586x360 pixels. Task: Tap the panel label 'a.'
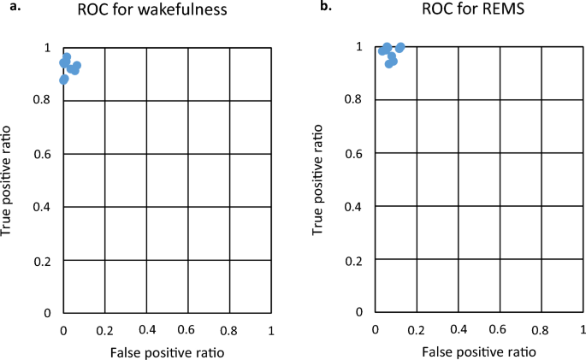[13, 7]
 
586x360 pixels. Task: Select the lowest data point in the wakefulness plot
[63, 80]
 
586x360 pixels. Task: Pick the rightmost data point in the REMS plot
[400, 48]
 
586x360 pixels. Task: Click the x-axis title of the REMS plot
[480, 351]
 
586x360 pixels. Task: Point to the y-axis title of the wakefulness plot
[9, 180]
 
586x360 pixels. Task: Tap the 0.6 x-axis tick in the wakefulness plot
[188, 329]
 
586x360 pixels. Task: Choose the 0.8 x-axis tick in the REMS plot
[541, 329]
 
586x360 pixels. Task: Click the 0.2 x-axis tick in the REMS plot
[417, 329]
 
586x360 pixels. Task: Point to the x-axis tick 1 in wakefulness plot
[270, 329]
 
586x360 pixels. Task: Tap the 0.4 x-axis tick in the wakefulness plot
[146, 329]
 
